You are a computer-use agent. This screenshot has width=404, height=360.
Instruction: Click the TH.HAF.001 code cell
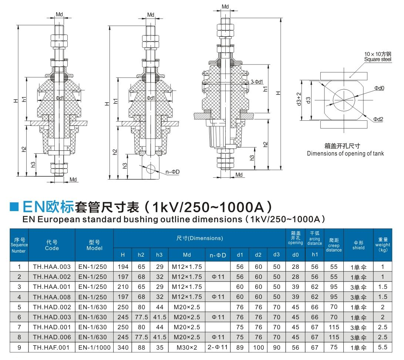point(51,347)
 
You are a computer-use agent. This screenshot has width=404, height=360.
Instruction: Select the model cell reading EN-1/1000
point(94,347)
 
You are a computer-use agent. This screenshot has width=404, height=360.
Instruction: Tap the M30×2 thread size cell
point(187,347)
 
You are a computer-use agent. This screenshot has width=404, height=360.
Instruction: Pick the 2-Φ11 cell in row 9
point(218,347)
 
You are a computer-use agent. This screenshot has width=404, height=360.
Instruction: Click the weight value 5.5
point(383,347)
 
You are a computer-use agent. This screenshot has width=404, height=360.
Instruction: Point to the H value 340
point(123,347)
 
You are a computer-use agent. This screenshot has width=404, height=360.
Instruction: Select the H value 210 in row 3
point(123,287)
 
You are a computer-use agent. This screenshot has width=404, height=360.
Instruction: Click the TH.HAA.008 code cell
point(51,297)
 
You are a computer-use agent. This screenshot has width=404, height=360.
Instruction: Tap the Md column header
point(187,255)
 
